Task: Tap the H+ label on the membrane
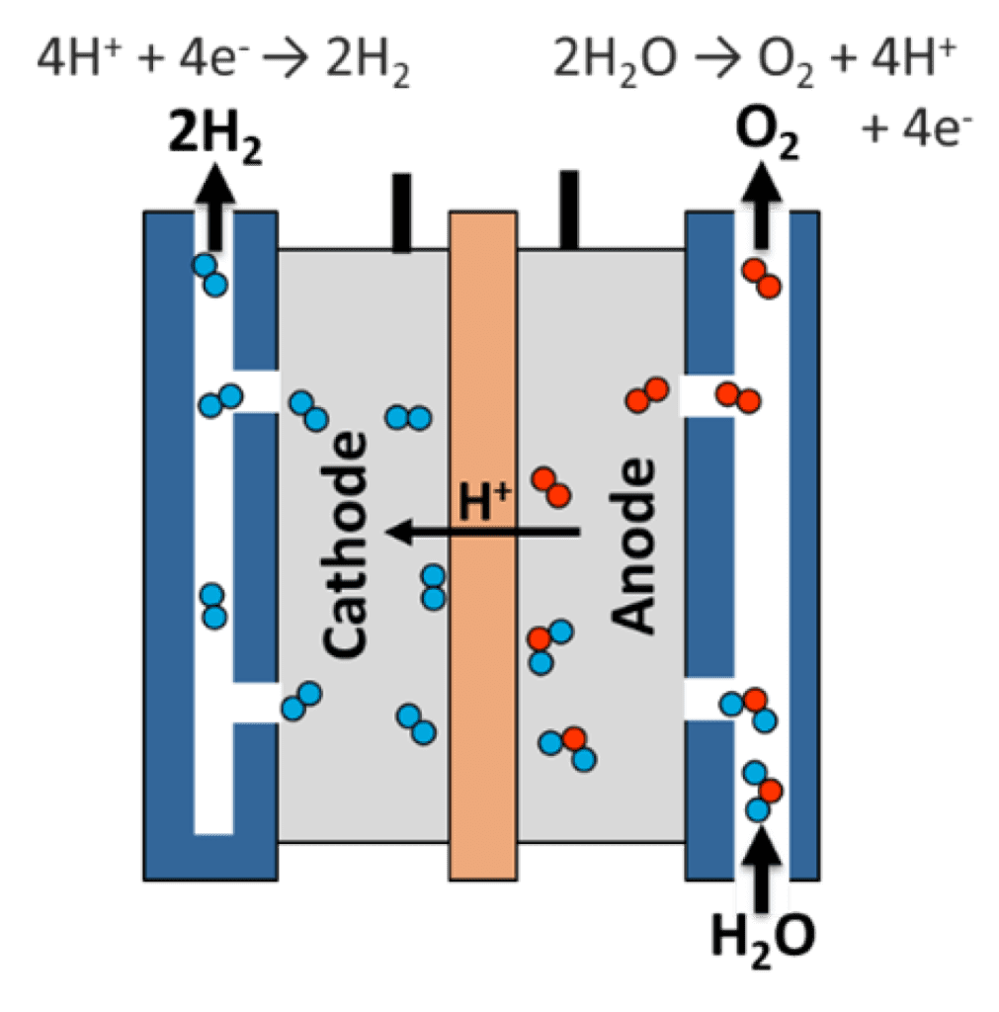[x=484, y=501]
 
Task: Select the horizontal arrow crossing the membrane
[x=484, y=533]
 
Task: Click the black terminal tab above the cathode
[x=400, y=211]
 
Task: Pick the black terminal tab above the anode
[x=568, y=208]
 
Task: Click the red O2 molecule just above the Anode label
[x=550, y=486]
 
